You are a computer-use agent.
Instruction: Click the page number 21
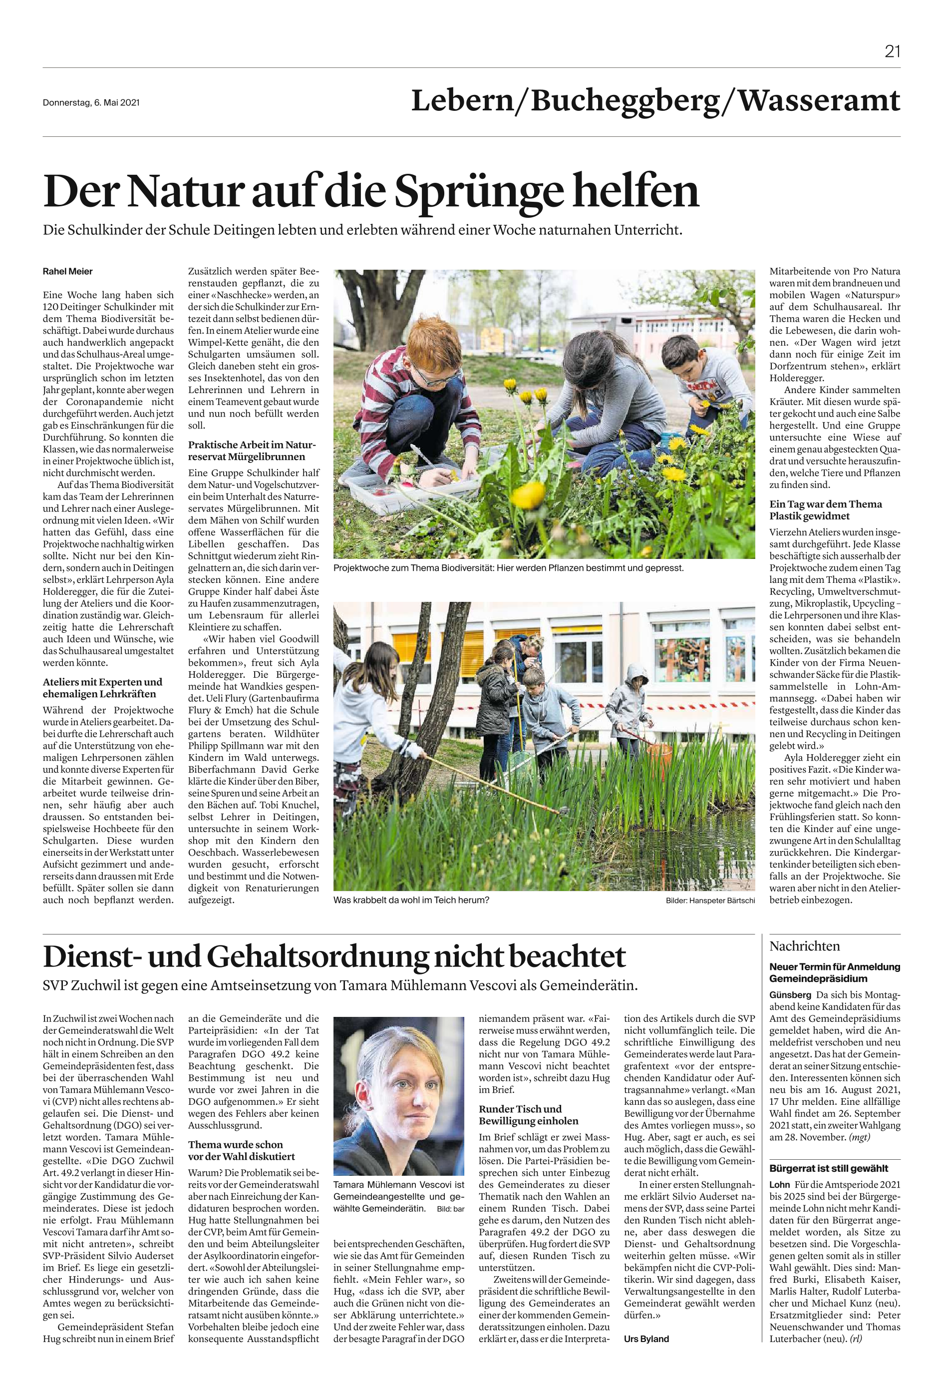click(892, 52)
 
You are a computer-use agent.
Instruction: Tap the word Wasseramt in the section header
click(819, 100)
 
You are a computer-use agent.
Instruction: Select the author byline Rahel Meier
click(67, 271)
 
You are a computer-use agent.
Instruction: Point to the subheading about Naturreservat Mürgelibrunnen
click(252, 451)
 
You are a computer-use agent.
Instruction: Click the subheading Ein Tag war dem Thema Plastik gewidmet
click(825, 510)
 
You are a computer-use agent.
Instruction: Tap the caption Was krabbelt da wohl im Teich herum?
click(411, 900)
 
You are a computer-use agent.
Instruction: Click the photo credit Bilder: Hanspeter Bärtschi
click(710, 901)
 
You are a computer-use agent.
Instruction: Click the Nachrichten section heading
click(804, 946)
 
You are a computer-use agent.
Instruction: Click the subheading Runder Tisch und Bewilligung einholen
click(528, 1115)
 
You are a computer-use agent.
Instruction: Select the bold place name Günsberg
click(790, 995)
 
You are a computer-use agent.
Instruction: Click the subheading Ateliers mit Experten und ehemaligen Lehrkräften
click(102, 688)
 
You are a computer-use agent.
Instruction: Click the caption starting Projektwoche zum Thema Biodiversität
click(508, 568)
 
